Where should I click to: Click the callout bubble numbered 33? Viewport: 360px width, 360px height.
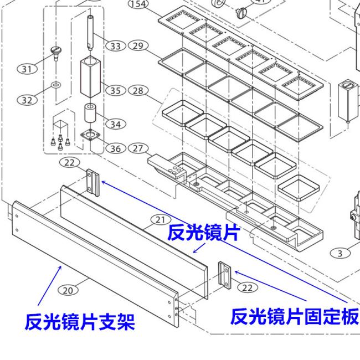click(x=116, y=46)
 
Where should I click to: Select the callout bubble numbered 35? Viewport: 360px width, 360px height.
click(x=116, y=90)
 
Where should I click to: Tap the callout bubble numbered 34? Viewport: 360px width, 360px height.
click(x=116, y=124)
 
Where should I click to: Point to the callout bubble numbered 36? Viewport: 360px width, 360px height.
click(x=116, y=148)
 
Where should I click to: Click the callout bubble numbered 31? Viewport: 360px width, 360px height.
click(x=27, y=69)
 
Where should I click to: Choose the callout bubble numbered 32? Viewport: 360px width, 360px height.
click(x=27, y=100)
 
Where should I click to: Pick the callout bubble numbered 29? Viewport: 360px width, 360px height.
click(x=138, y=45)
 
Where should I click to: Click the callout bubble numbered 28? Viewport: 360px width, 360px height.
click(x=138, y=90)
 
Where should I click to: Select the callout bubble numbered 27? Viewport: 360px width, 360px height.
click(x=138, y=148)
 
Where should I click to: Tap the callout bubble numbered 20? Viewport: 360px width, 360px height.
click(x=68, y=290)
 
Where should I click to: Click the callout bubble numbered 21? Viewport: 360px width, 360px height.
click(x=161, y=220)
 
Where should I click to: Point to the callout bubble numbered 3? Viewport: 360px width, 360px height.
click(x=340, y=253)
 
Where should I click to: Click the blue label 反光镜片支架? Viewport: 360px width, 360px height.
click(x=80, y=322)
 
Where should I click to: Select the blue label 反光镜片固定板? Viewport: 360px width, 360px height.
click(x=295, y=317)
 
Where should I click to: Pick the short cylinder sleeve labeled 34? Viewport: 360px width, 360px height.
click(x=90, y=113)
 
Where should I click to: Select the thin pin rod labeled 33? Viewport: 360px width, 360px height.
click(x=90, y=33)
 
